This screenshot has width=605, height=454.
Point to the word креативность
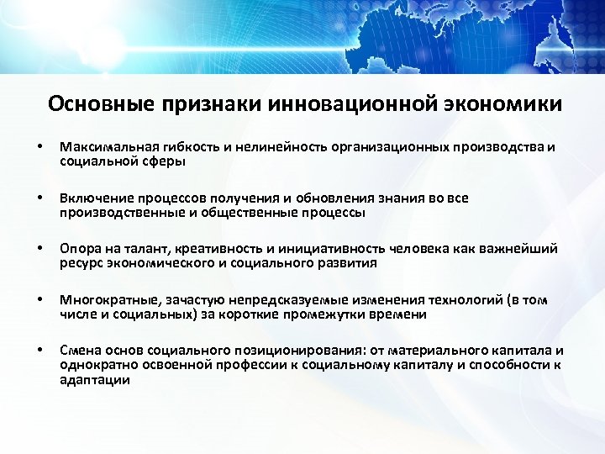[x=210, y=250]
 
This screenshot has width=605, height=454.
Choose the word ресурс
[x=79, y=263]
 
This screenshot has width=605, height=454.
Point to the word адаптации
[x=95, y=379]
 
